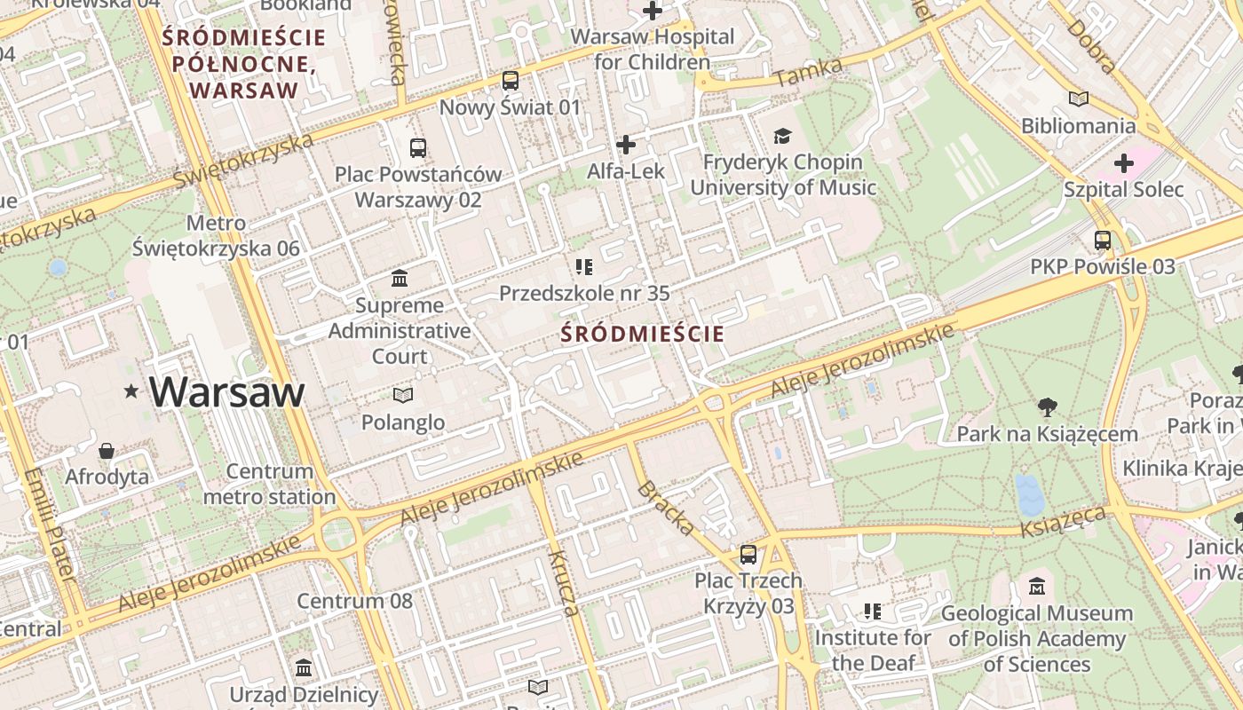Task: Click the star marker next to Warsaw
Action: coord(132,390)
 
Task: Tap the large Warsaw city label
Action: coord(226,391)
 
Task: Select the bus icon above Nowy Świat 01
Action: coord(511,81)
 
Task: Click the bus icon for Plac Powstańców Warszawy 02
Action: coord(418,147)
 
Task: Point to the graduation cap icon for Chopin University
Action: coord(782,136)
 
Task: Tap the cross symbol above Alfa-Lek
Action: coord(626,144)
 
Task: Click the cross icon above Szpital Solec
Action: coord(1124,163)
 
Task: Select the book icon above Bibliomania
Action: coord(1079,99)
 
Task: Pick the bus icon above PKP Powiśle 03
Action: coord(1103,240)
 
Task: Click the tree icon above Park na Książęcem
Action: coord(1048,407)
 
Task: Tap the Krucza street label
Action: coord(564,583)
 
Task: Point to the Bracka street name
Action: coord(666,509)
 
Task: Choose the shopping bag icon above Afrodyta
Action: coord(107,451)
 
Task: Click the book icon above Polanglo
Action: coord(403,395)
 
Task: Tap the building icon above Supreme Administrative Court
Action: coord(400,279)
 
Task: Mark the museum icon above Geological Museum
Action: coord(1037,587)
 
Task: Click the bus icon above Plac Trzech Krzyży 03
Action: coord(748,555)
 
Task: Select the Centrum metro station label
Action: coord(270,484)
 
